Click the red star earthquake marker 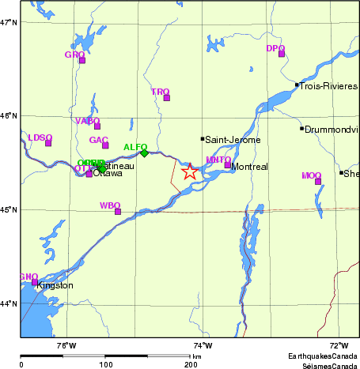[189, 171]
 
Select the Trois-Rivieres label [329, 85]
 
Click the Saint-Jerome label [228, 140]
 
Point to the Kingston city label [55, 285]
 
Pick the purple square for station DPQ [281, 54]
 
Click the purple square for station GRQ [81, 60]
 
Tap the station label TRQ [160, 92]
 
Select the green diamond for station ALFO [144, 153]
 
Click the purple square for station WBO [118, 212]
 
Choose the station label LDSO [40, 137]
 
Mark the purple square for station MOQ [318, 182]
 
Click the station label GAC [98, 140]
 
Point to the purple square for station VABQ [97, 126]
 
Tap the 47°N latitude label [9, 22]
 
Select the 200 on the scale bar [191, 364]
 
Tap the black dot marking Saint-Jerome [203, 139]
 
